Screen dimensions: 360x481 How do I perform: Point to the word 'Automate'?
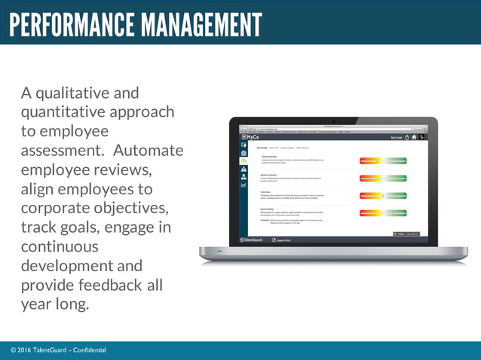149,150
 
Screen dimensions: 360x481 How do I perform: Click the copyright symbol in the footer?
14,350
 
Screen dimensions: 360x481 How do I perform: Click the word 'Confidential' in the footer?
89,350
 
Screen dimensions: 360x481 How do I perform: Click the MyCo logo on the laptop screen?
251,138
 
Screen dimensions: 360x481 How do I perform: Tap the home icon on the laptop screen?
414,138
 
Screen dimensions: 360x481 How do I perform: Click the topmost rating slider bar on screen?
383,160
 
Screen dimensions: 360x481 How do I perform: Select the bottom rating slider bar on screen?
383,214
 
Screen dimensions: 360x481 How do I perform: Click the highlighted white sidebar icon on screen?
244,160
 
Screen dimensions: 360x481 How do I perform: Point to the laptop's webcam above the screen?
333,121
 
